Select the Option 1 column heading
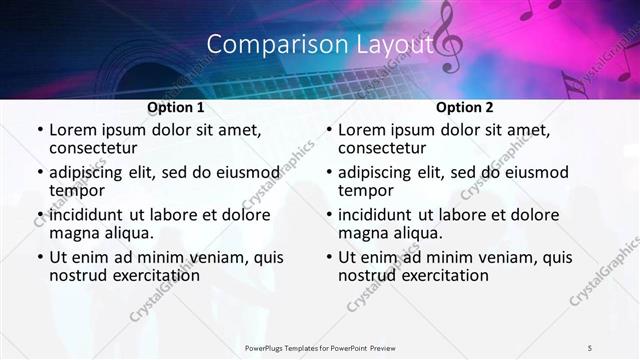[175, 107]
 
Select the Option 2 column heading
[464, 107]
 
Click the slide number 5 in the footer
[591, 347]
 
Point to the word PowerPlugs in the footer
[267, 347]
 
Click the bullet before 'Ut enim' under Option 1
[38, 257]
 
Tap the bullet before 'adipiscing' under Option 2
[328, 172]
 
